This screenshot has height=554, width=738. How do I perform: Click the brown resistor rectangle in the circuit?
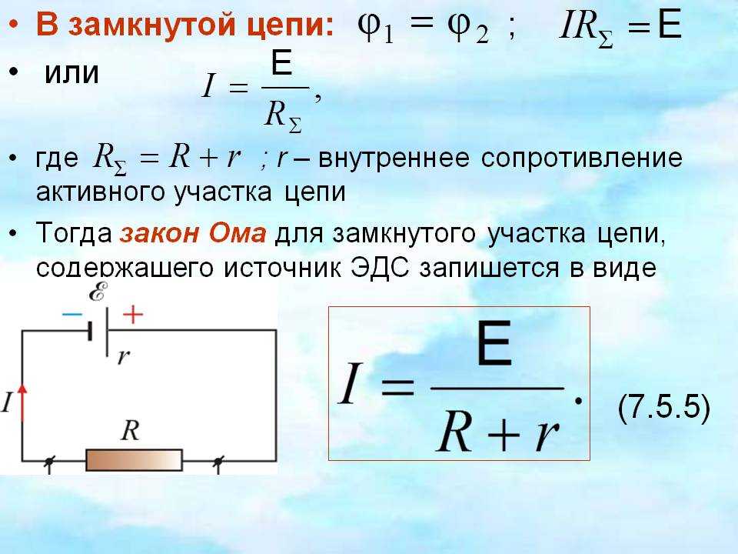point(134,460)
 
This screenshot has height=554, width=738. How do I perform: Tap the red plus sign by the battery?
point(133,314)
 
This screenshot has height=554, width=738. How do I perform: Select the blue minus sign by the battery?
point(72,314)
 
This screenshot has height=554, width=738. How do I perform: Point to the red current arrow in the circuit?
point(22,402)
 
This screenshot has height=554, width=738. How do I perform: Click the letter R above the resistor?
point(130,430)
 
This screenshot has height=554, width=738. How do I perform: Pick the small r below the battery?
point(123,356)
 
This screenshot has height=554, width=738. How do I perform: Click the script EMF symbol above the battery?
point(98,292)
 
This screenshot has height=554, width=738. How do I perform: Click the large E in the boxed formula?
point(494,343)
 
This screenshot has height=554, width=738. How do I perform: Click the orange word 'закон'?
point(160,234)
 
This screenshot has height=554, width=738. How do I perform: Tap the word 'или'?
point(71,74)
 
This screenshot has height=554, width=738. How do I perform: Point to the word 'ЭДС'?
point(379,268)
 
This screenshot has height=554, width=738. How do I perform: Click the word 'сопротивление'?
point(581,159)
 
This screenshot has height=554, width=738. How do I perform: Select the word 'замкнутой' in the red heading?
point(155,25)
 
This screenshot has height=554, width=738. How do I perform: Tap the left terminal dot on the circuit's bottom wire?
point(48,462)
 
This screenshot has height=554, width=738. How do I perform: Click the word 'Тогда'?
point(74,233)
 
